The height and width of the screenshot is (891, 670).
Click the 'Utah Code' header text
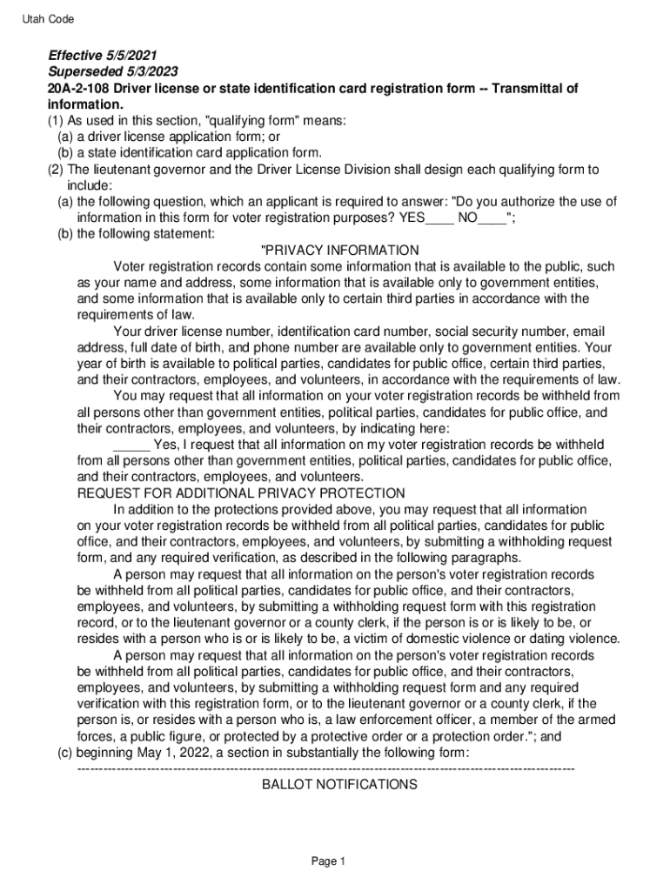point(49,19)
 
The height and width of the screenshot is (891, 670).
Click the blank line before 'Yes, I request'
point(131,445)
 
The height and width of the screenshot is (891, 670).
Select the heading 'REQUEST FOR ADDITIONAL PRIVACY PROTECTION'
point(240,493)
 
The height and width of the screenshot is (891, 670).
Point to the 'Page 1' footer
point(330,861)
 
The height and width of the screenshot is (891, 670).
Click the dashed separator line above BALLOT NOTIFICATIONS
point(326,768)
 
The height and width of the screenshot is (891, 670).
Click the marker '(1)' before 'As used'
point(56,121)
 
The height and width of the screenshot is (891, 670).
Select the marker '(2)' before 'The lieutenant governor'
point(56,170)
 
